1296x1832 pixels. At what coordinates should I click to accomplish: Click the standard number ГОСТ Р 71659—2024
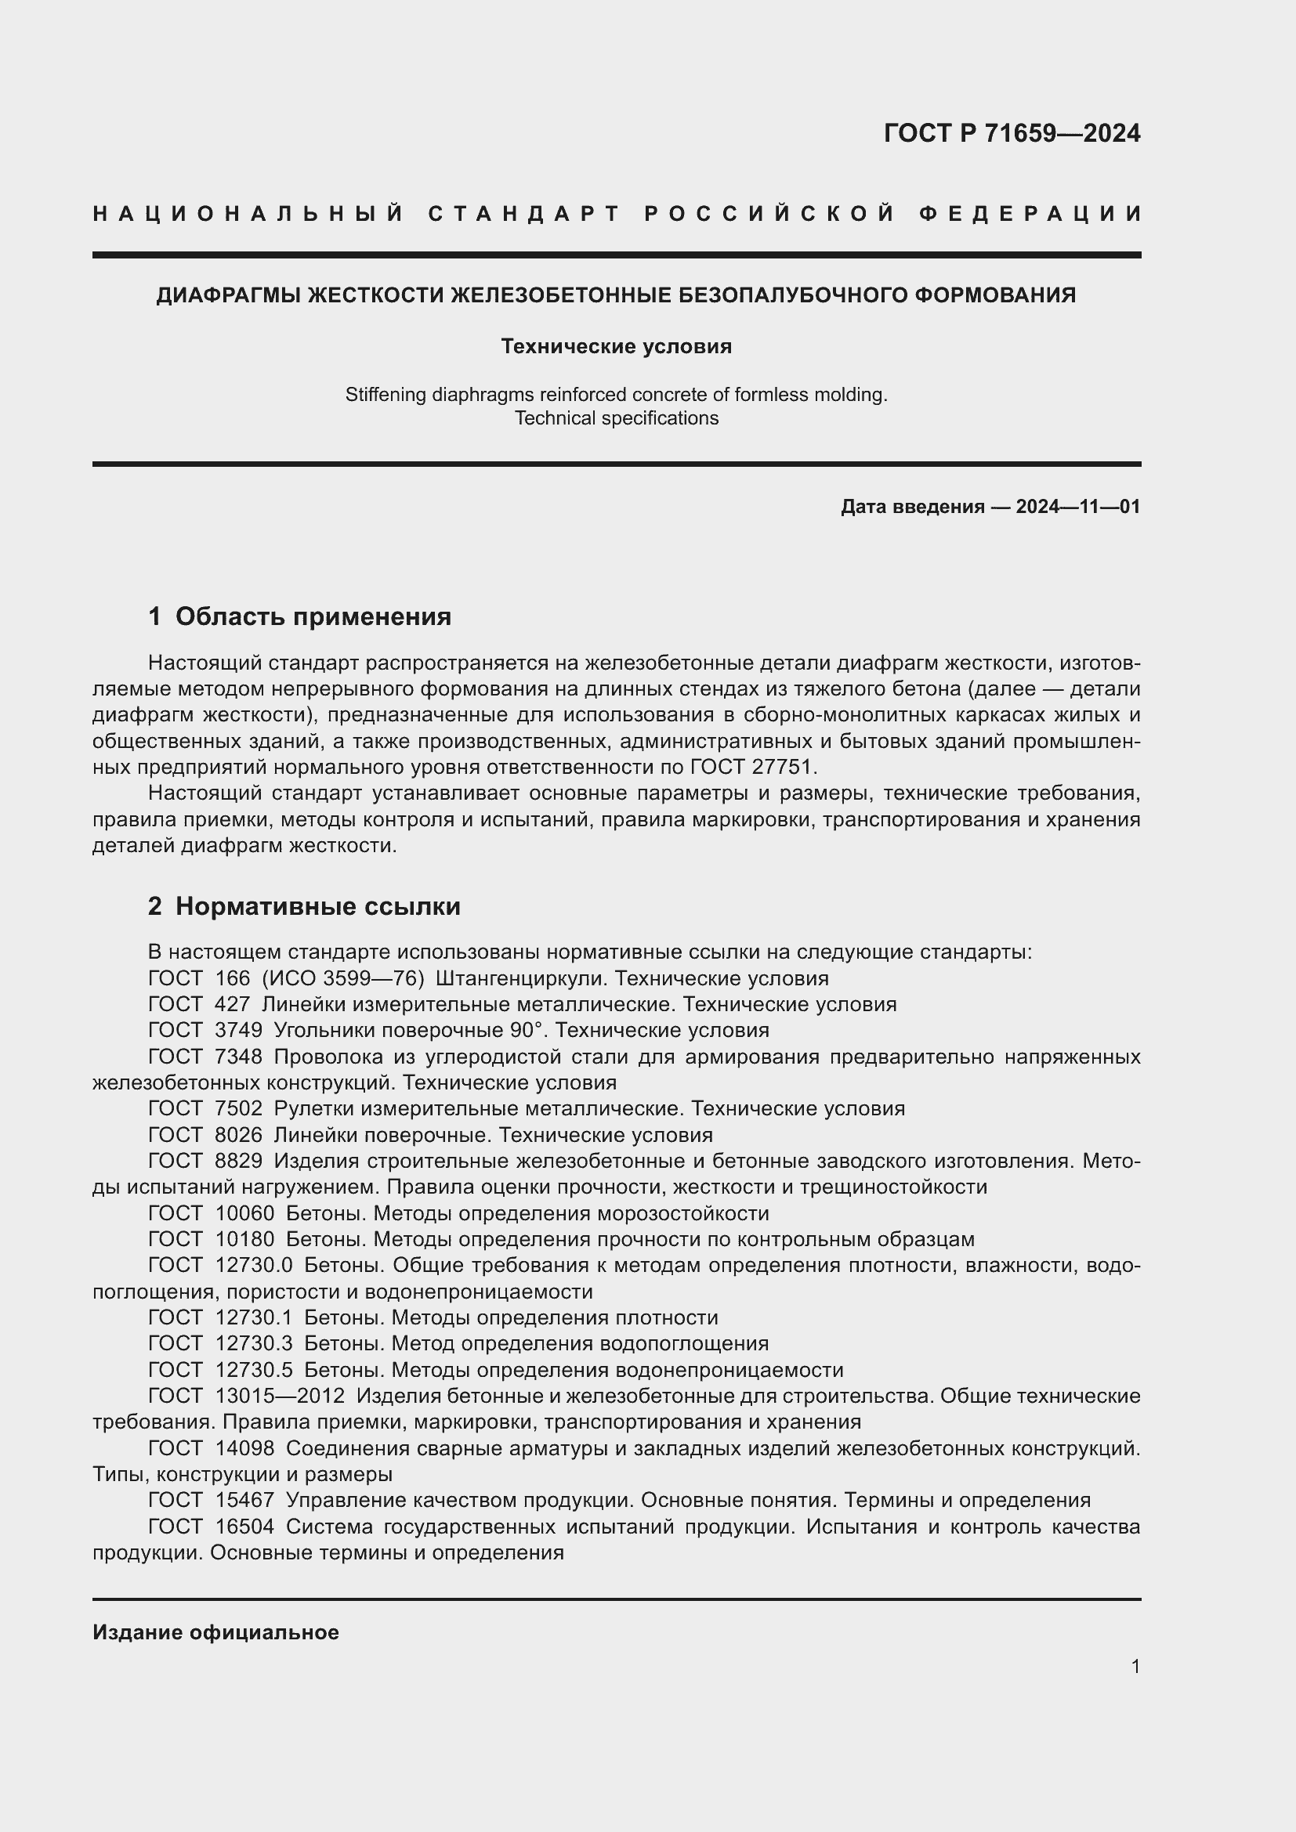click(1012, 133)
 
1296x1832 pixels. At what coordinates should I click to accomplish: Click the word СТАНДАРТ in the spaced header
click(524, 214)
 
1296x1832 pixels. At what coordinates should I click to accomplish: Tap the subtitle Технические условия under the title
click(616, 346)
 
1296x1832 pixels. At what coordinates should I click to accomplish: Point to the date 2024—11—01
click(1077, 507)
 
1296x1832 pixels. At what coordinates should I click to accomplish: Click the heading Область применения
click(313, 616)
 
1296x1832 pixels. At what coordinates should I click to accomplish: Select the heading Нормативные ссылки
click(317, 906)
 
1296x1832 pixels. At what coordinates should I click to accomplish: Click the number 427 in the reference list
click(232, 1005)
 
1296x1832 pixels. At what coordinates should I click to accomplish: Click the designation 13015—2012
click(279, 1396)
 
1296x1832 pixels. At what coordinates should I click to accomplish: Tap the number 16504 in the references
click(244, 1527)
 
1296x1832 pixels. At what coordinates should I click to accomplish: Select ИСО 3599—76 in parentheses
click(343, 978)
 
